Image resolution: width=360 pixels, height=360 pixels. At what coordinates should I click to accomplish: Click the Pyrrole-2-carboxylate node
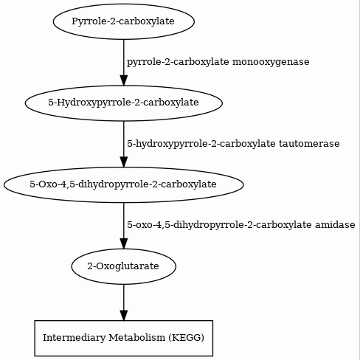tap(124, 21)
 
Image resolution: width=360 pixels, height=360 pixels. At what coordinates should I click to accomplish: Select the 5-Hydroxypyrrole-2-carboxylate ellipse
tap(124, 103)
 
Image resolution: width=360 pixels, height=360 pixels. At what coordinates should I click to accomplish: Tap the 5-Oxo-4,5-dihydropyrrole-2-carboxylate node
tap(124, 184)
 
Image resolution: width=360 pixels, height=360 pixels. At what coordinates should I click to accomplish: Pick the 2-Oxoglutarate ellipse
tap(124, 266)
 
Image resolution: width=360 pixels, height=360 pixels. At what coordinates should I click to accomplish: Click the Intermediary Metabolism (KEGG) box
tap(124, 338)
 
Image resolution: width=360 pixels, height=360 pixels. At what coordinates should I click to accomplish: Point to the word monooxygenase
tap(271, 62)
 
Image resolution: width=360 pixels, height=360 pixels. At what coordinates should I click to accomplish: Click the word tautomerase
tap(309, 143)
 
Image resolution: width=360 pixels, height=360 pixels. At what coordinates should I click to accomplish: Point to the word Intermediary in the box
tap(75, 338)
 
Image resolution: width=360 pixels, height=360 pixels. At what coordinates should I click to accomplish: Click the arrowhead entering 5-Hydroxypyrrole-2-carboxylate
tap(124, 80)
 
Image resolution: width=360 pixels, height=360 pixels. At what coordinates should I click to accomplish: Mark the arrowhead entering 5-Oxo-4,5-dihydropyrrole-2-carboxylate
tap(124, 162)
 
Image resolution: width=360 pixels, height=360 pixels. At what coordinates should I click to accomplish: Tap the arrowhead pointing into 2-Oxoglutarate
tap(124, 243)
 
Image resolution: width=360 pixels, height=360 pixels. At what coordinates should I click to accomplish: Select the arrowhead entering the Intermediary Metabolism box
tap(124, 316)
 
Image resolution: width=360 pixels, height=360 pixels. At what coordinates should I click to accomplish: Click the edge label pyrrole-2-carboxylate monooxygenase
tap(218, 62)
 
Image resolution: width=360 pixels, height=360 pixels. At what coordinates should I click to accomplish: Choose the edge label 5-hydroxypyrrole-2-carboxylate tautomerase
tap(233, 144)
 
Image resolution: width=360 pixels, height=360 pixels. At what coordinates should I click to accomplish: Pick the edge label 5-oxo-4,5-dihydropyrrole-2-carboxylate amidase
tap(241, 225)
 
